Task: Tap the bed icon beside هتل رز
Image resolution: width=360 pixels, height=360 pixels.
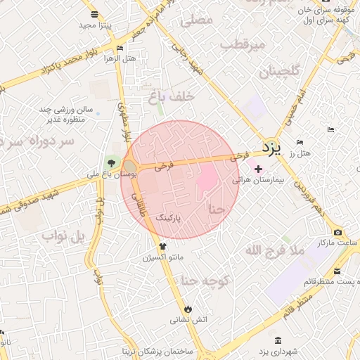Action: tap(300, 143)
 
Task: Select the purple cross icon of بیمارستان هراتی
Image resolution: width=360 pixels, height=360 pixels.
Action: tap(258, 169)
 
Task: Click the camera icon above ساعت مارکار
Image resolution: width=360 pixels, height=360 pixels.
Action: tap(338, 233)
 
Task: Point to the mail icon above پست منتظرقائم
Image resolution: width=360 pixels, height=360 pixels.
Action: tap(338, 271)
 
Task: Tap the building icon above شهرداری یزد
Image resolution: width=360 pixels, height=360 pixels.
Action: tap(278, 340)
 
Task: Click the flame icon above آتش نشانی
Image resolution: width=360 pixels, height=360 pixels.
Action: tap(188, 309)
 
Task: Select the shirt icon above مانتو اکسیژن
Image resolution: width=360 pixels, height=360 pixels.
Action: tap(163, 247)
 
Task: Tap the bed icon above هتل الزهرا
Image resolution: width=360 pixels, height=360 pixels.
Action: tap(120, 48)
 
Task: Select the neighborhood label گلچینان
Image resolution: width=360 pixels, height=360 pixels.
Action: tap(281, 72)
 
